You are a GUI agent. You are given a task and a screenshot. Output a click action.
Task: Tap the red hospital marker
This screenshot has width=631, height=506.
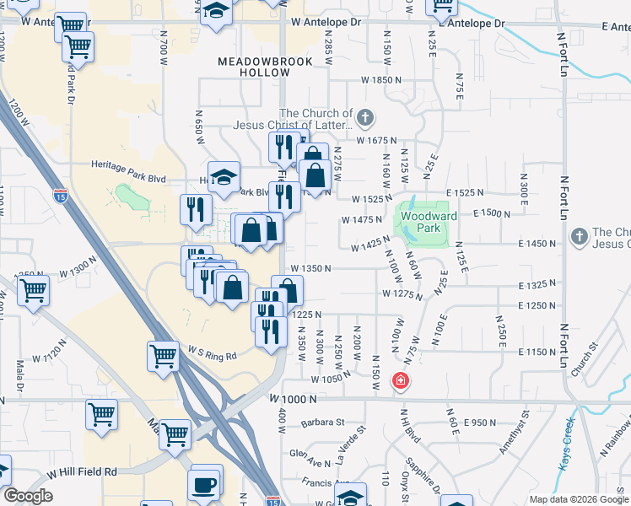(400, 381)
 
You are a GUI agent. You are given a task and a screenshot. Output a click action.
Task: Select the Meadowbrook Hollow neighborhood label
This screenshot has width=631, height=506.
(253, 67)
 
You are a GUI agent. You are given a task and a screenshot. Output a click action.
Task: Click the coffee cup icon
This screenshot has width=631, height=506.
(206, 486)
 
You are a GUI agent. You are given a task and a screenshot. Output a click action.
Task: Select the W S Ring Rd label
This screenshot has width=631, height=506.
(213, 352)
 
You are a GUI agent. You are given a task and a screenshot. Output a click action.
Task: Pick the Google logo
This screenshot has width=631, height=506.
(28, 496)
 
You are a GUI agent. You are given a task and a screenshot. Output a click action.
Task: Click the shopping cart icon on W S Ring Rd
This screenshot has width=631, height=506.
(162, 354)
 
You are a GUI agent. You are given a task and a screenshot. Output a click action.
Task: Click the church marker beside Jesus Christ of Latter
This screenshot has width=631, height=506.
(364, 117)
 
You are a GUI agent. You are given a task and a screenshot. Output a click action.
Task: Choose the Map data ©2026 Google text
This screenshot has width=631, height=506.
(577, 499)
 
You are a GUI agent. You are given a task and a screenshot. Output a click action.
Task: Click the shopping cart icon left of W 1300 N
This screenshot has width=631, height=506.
(33, 291)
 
